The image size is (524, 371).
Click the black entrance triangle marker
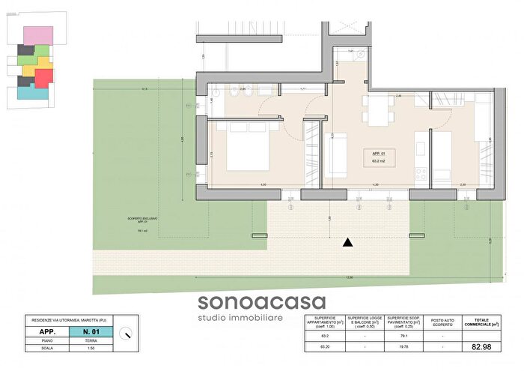(347, 242)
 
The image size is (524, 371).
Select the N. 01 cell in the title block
(92, 331)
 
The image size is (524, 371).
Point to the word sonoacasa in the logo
(262, 303)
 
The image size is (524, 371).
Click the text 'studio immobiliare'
(261, 320)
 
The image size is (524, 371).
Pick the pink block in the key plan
(35, 35)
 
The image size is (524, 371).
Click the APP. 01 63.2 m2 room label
(377, 157)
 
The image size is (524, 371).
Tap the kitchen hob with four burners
(421, 174)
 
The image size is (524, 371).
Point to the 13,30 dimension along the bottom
(348, 278)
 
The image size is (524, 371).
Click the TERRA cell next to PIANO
(92, 340)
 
